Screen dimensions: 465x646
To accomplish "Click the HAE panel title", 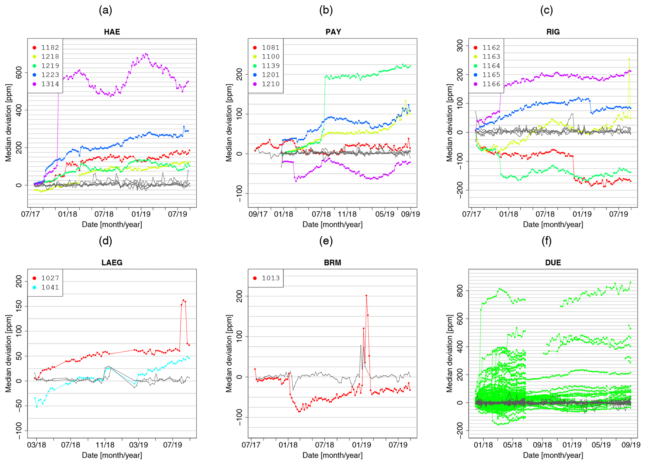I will (112, 32).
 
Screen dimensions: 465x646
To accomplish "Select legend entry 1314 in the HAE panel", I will (50, 84).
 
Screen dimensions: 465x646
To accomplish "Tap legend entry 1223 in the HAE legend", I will (50, 75).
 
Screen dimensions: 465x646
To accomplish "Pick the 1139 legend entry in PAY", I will (271, 66).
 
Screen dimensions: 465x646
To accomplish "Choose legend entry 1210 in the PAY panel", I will (271, 84).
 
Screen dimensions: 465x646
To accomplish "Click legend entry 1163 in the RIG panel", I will (491, 57).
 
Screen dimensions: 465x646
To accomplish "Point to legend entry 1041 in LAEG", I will (50, 287).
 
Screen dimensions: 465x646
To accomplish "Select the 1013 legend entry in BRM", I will (271, 278).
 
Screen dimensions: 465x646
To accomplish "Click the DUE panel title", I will (553, 262).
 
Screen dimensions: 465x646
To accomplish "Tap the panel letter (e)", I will (326, 241).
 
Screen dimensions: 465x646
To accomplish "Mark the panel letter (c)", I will (546, 10).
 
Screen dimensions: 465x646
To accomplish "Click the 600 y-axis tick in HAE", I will (19, 72).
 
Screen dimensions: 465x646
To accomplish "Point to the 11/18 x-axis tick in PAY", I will (347, 214).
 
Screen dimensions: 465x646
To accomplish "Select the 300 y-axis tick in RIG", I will (459, 46).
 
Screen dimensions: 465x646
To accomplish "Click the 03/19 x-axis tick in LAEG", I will (138, 445).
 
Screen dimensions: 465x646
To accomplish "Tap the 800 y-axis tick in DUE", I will (459, 291).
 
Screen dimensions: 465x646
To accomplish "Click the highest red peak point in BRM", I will (366, 295).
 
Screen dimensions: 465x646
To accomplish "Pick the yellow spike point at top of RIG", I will (629, 59).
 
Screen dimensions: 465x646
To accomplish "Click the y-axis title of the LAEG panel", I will (8, 353).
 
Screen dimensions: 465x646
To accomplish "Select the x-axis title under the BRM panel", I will (332, 455).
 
